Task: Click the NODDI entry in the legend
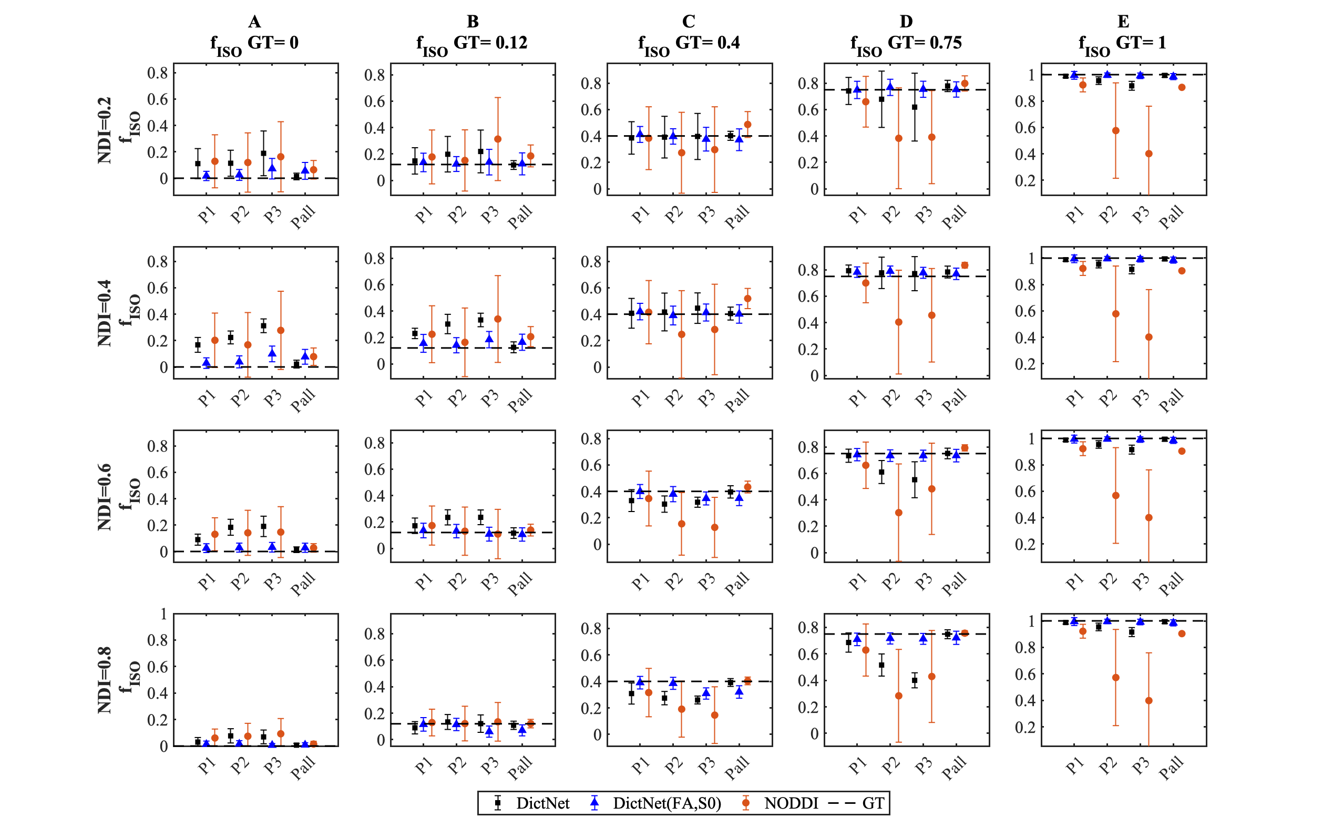click(791, 803)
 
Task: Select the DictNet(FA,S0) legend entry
click(666, 803)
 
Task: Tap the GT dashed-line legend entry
click(873, 803)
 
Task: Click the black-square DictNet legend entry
click(542, 803)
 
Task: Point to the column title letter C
click(688, 21)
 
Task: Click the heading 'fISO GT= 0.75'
click(906, 43)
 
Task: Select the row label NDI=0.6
click(104, 496)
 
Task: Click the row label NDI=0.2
click(104, 130)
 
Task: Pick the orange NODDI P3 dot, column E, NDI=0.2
click(1149, 154)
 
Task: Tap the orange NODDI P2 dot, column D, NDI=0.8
click(898, 696)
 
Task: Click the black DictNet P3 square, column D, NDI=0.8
click(915, 680)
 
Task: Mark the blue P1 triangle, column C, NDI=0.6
click(640, 490)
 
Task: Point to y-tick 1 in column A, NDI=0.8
click(163, 614)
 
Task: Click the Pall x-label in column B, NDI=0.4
click(520, 400)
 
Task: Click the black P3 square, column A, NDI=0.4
click(263, 326)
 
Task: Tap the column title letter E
click(1123, 21)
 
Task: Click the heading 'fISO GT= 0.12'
click(471, 43)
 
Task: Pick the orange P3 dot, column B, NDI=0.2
click(498, 139)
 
